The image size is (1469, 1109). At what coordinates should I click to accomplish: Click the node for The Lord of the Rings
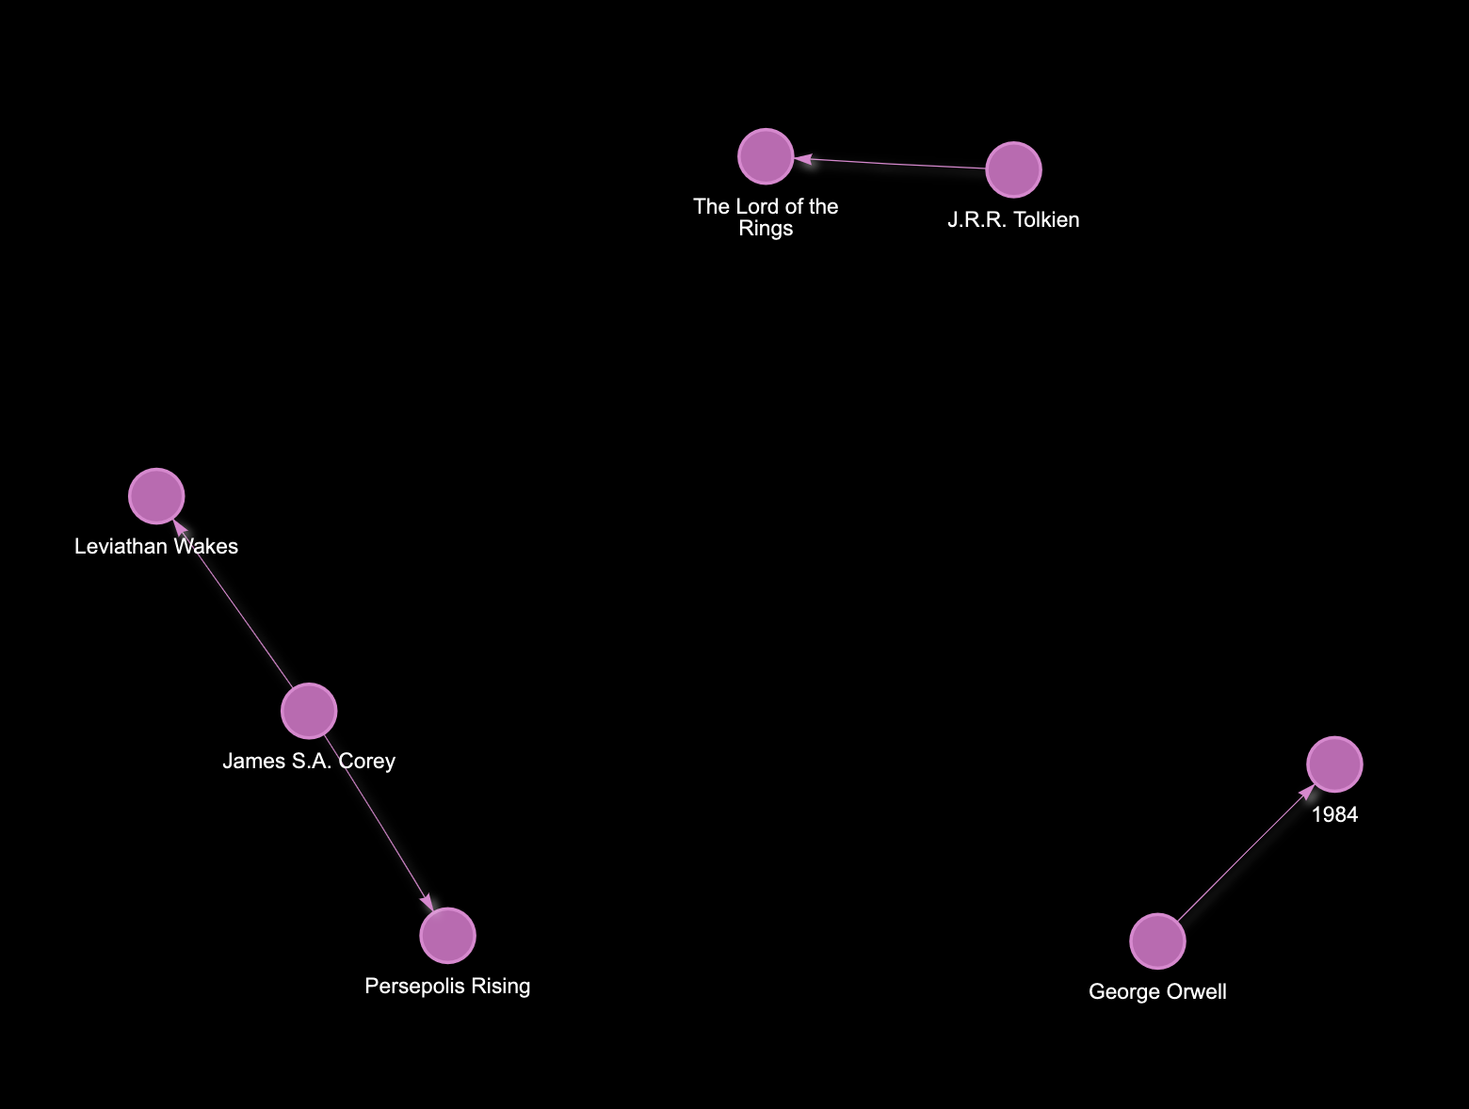tap(766, 156)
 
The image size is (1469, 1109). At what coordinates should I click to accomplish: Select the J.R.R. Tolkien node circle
tap(1013, 170)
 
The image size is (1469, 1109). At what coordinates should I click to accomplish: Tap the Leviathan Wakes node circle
tap(156, 496)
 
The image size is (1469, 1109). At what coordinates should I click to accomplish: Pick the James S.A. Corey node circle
tap(309, 711)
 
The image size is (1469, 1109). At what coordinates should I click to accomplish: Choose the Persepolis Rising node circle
tap(447, 936)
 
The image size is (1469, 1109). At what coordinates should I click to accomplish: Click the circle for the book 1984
tap(1334, 764)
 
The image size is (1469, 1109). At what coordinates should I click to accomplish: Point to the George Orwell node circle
tap(1157, 940)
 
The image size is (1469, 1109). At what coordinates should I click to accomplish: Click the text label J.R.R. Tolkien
tap(1013, 220)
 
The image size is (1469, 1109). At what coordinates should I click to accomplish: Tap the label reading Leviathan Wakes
tap(156, 547)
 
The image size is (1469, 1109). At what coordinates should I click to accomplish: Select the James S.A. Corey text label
tap(309, 762)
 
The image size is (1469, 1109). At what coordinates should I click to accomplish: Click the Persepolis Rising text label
tap(447, 987)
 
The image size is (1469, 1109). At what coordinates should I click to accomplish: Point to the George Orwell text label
tap(1157, 991)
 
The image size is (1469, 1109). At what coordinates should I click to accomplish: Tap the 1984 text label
tap(1334, 815)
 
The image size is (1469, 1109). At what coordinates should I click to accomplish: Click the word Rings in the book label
tap(766, 229)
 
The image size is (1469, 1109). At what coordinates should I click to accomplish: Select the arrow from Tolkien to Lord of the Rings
tap(895, 164)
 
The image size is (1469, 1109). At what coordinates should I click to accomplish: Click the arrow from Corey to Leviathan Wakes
tap(235, 607)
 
